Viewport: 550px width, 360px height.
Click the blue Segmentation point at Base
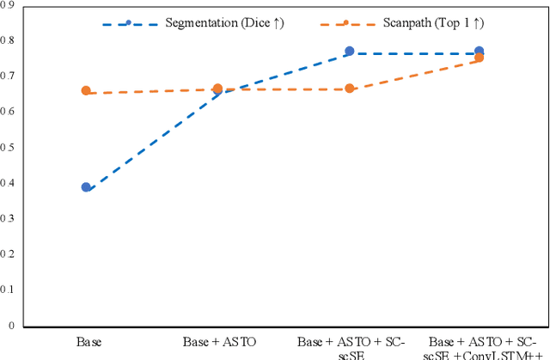click(x=86, y=186)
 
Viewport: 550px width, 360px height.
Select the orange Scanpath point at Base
click(x=86, y=90)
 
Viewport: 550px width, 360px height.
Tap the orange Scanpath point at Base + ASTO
click(x=217, y=88)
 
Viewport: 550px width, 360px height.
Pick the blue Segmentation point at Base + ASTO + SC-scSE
click(x=349, y=52)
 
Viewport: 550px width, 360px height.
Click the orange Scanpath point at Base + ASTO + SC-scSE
click(x=349, y=88)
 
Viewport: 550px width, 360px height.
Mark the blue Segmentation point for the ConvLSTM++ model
click(x=479, y=52)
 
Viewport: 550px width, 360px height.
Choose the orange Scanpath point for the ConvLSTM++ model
click(x=479, y=58)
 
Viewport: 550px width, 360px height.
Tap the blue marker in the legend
click(x=129, y=22)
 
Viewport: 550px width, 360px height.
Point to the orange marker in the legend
click(x=345, y=22)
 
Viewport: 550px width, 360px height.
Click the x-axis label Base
click(x=88, y=342)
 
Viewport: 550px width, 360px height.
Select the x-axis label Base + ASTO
click(x=218, y=342)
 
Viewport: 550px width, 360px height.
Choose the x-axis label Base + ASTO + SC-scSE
click(x=349, y=347)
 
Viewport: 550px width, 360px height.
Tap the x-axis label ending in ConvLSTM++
click(x=480, y=347)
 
